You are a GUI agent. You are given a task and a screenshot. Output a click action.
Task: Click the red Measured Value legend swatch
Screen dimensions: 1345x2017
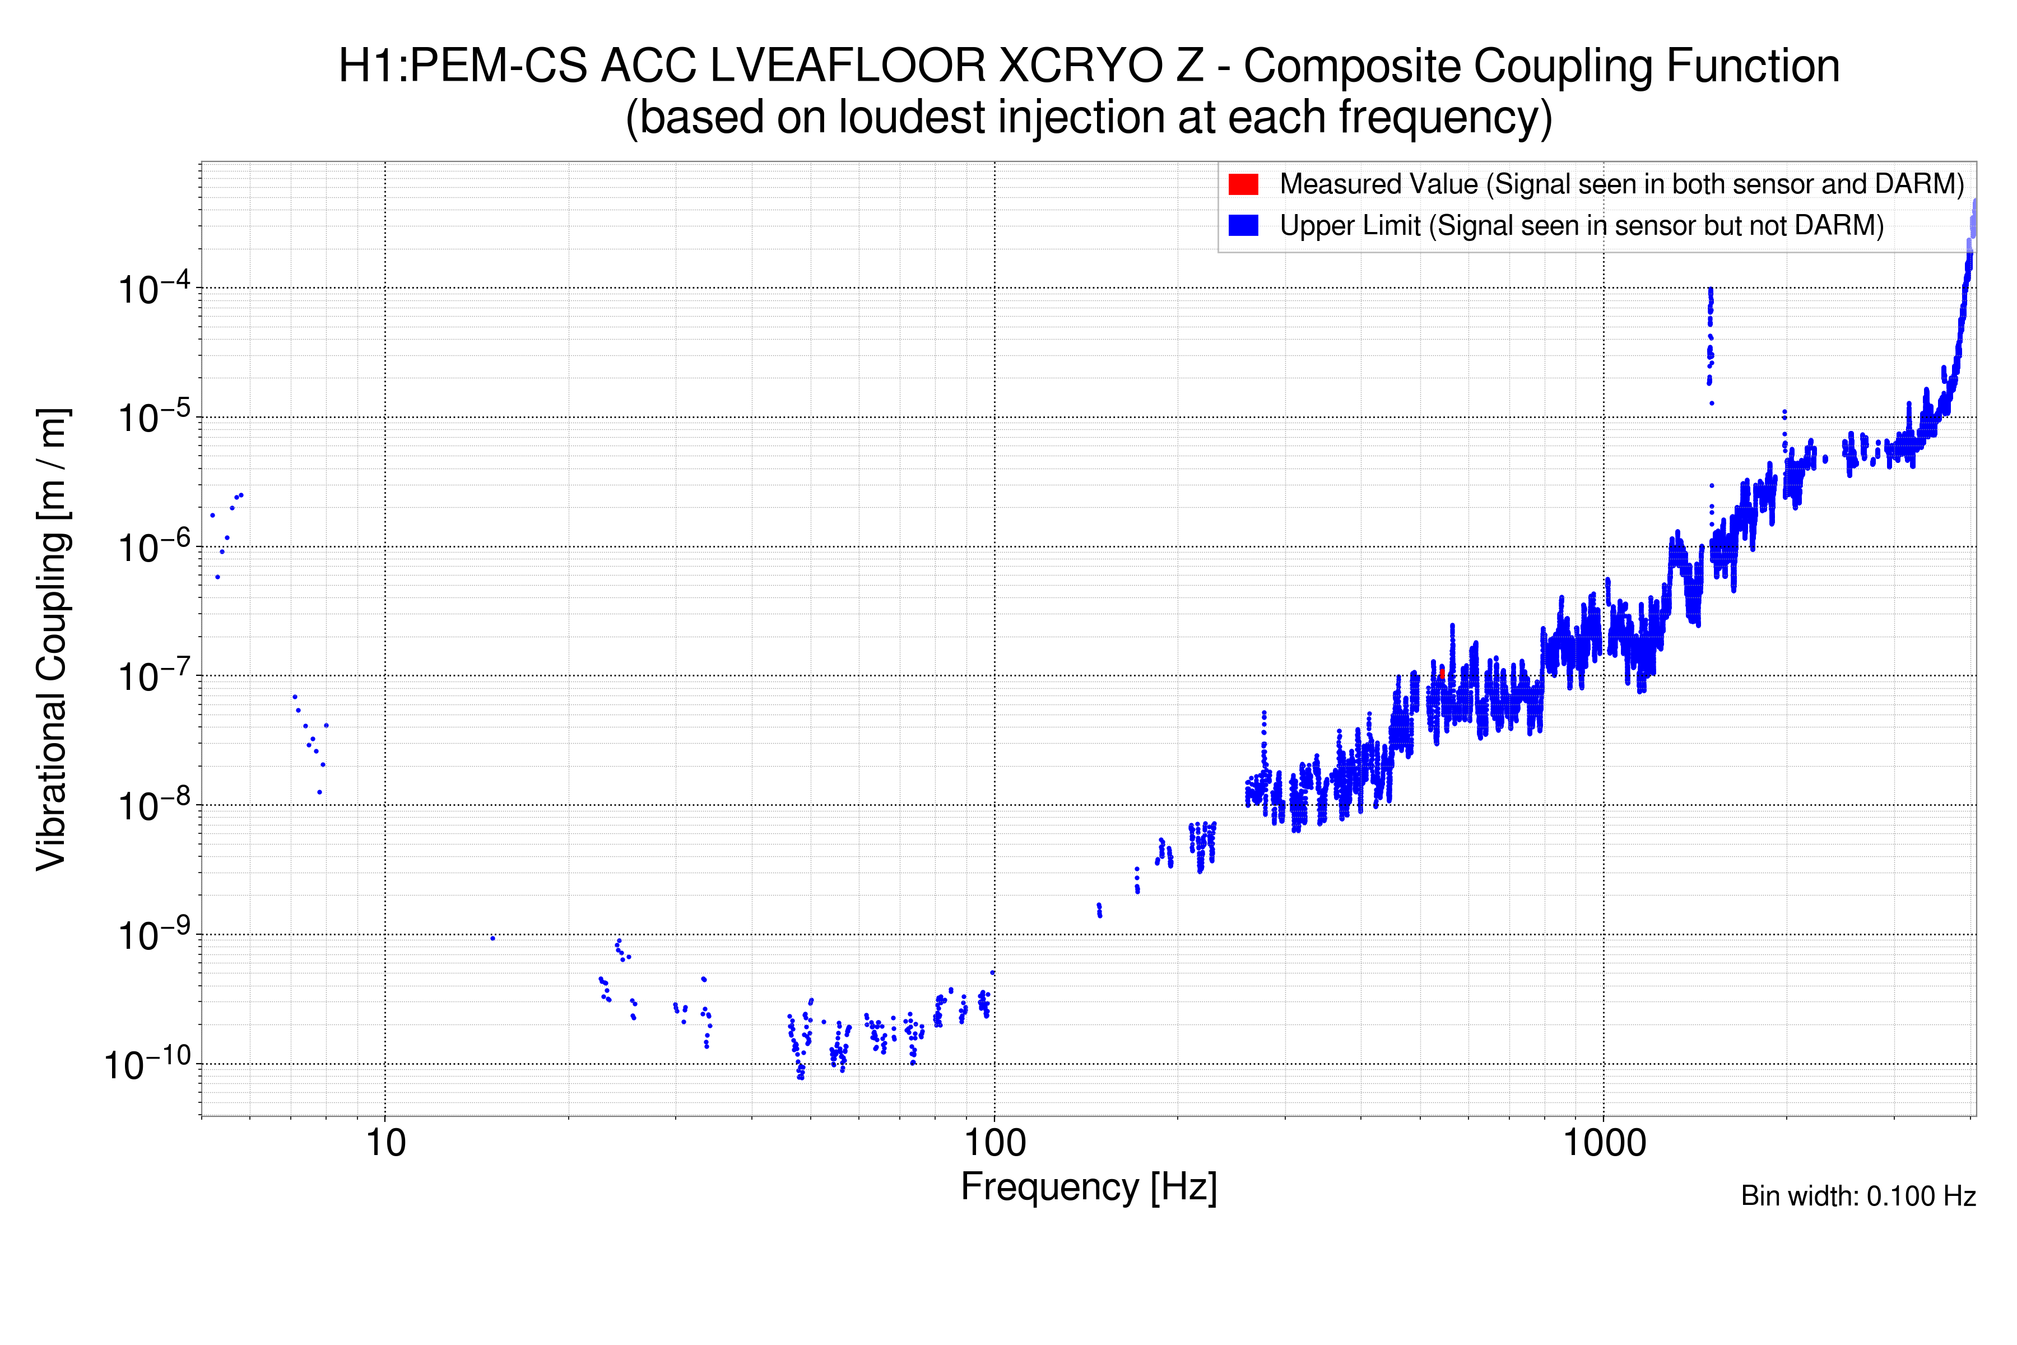[1243, 184]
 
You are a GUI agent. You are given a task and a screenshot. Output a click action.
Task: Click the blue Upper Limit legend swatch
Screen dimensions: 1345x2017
[1243, 226]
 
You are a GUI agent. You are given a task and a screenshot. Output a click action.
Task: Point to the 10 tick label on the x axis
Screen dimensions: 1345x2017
[385, 1143]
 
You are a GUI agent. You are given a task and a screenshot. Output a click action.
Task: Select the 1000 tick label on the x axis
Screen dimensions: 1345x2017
[1604, 1143]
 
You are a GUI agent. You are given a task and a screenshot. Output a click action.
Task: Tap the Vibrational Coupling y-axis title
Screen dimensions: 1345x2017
[52, 639]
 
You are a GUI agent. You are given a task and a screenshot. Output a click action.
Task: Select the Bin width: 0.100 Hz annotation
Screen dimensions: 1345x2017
[1857, 1196]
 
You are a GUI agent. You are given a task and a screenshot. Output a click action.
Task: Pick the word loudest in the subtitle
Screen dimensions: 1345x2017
[912, 118]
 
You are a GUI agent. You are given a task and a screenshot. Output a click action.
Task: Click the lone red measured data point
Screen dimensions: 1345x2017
[1442, 674]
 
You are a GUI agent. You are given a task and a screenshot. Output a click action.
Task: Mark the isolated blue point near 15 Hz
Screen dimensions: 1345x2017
[492, 938]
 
